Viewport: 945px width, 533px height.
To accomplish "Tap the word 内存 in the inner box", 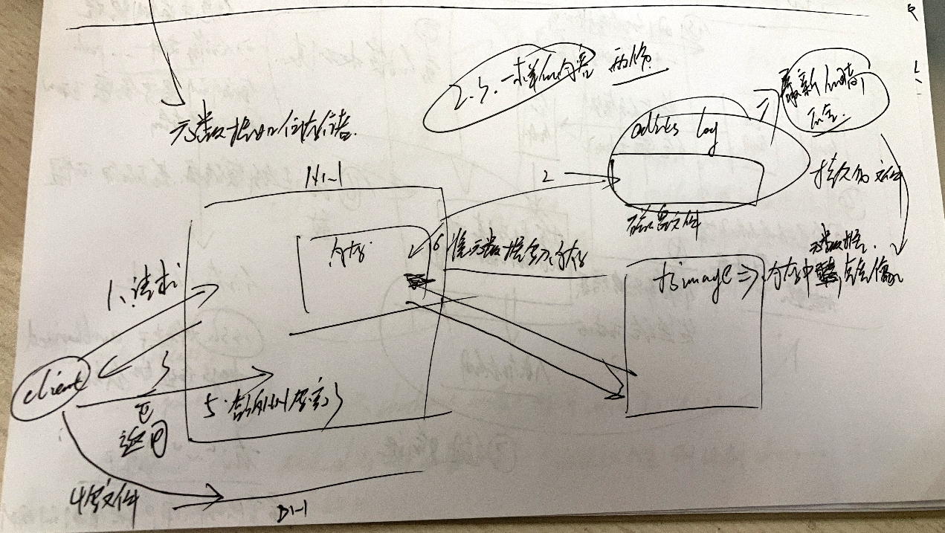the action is pyautogui.click(x=344, y=254).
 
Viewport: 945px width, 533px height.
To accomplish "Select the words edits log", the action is pyautogui.click(x=674, y=134).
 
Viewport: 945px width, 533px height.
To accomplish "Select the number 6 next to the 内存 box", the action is pyautogui.click(x=436, y=242).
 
